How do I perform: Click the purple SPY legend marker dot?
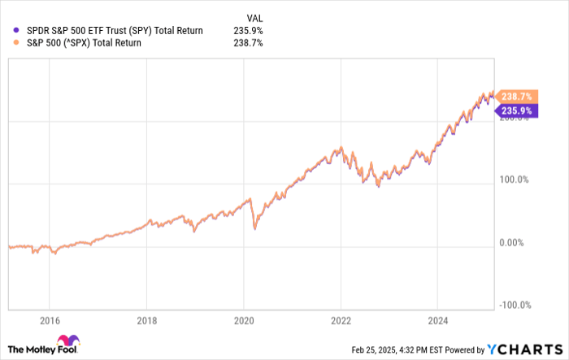click(x=9, y=30)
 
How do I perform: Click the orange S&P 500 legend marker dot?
click(x=9, y=43)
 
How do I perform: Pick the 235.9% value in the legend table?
click(x=248, y=30)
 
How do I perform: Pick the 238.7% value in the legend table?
click(x=248, y=43)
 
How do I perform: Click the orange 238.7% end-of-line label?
click(x=518, y=95)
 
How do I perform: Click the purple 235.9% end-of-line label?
click(x=518, y=111)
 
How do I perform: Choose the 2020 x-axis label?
click(x=244, y=320)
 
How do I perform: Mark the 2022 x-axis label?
click(x=342, y=320)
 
